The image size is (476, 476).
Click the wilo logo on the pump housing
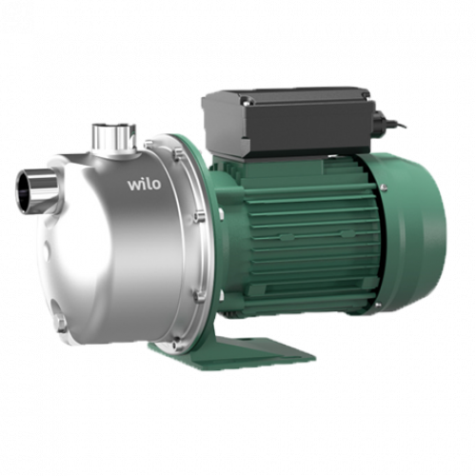144,185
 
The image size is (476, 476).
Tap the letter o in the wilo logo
155,186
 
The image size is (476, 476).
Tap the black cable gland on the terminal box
382,122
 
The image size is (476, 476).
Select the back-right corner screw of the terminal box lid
365,95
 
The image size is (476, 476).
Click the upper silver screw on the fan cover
385,188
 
